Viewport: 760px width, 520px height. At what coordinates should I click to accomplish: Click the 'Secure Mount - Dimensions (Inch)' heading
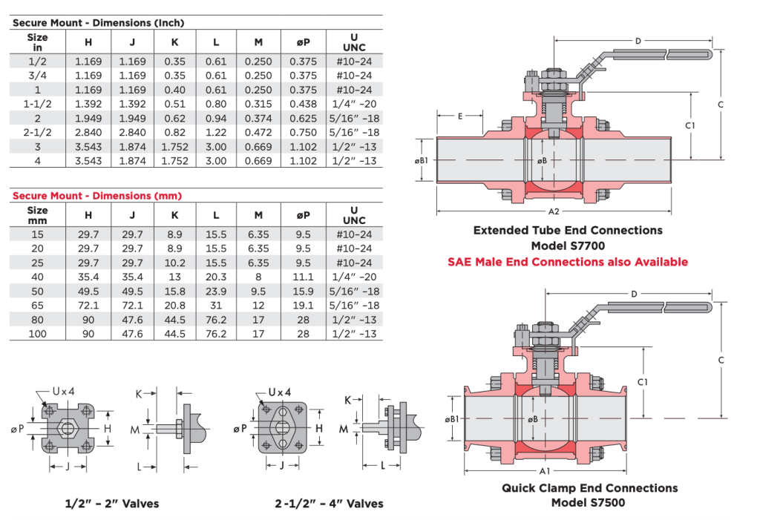(98, 23)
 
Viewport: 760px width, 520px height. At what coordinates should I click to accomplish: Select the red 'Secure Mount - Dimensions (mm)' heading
(96, 196)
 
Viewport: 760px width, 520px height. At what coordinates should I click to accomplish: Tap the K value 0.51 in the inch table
(175, 104)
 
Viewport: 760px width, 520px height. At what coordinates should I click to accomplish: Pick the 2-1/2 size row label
(37, 132)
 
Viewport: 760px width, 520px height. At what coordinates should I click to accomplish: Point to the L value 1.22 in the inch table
(216, 132)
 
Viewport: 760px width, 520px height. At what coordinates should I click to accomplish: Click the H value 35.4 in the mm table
(88, 277)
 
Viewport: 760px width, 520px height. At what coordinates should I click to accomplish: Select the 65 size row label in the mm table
(37, 305)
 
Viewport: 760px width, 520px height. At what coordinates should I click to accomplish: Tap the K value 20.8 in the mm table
(175, 305)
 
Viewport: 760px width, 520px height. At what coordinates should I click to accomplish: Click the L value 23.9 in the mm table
(216, 291)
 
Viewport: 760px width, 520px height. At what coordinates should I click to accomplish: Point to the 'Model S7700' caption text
(568, 246)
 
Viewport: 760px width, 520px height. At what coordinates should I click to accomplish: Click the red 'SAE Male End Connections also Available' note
(568, 262)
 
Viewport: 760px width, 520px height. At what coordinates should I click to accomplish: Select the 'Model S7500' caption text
(589, 503)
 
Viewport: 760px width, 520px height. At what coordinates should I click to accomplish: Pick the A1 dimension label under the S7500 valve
(544, 471)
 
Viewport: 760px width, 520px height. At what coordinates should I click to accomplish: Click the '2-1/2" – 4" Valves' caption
(328, 504)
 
